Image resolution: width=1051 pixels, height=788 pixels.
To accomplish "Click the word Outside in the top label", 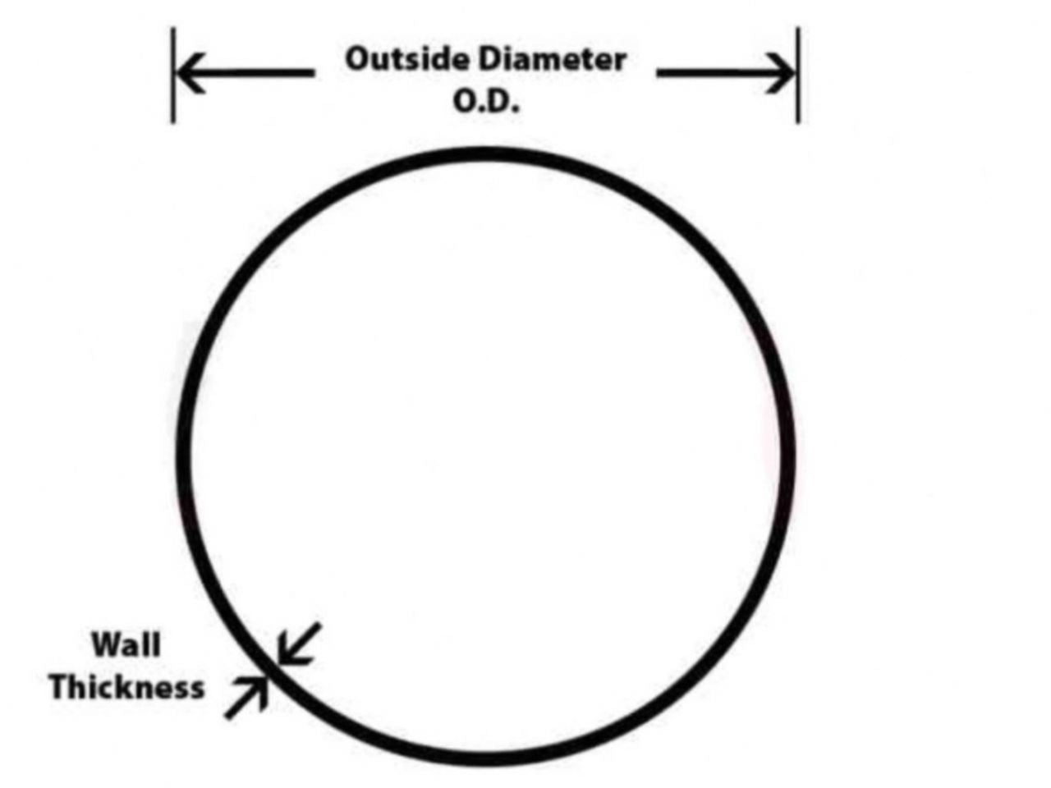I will tap(408, 59).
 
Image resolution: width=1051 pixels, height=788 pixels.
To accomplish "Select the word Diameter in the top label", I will tap(553, 59).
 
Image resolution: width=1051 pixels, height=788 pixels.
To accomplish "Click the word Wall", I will tap(126, 644).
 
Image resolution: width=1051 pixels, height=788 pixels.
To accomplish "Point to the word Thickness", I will tap(126, 686).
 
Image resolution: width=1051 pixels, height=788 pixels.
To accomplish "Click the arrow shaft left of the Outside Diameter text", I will tap(255, 72).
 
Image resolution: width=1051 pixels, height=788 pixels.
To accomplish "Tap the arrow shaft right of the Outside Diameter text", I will tap(714, 73).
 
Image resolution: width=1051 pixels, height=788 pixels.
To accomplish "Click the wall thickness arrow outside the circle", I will tap(246, 699).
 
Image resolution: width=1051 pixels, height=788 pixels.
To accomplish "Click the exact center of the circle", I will tap(486, 456).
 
